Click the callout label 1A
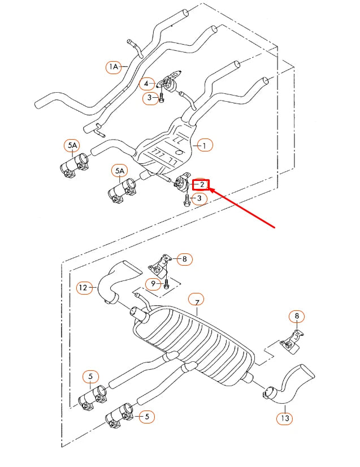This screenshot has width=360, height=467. tap(114, 67)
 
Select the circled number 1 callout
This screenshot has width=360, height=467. tap(204, 145)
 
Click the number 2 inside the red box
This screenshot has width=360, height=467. tap(201, 184)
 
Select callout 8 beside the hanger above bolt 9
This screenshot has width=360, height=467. tap(184, 260)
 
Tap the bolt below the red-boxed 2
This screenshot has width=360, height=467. tap(186, 200)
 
